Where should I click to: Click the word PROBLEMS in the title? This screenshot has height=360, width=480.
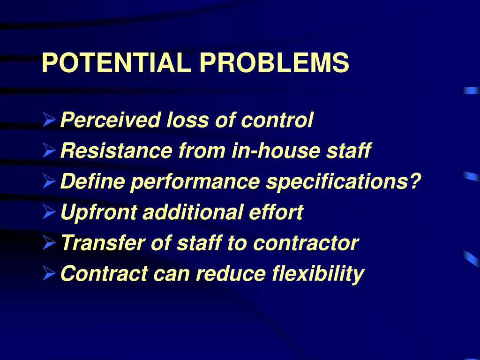tap(274, 63)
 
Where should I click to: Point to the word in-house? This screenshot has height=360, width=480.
tap(272, 151)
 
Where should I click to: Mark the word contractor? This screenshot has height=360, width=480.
tap(306, 243)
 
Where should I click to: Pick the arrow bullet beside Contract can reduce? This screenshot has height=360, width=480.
tap(49, 274)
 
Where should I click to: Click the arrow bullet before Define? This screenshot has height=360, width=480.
tap(49, 182)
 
